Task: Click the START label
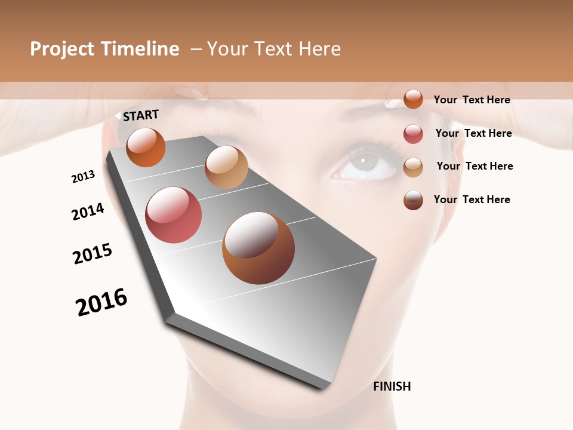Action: pyautogui.click(x=141, y=115)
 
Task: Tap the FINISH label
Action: pyautogui.click(x=392, y=386)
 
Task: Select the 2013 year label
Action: pyautogui.click(x=84, y=177)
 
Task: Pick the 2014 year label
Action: pyautogui.click(x=88, y=211)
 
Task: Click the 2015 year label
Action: pyautogui.click(x=93, y=253)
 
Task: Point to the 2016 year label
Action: pyautogui.click(x=101, y=302)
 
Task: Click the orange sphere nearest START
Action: pyautogui.click(x=146, y=147)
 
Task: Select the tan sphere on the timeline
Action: pyautogui.click(x=226, y=167)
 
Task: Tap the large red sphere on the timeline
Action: pyautogui.click(x=174, y=215)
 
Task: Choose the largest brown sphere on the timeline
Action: pyautogui.click(x=258, y=248)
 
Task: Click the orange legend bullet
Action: pyautogui.click(x=413, y=99)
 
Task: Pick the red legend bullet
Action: pyautogui.click(x=413, y=134)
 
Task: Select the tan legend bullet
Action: pyautogui.click(x=413, y=167)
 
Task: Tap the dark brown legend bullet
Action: pyautogui.click(x=413, y=200)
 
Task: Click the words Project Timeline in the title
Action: pyautogui.click(x=104, y=49)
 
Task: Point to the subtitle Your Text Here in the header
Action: pyautogui.click(x=274, y=49)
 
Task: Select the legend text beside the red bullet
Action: pyautogui.click(x=473, y=133)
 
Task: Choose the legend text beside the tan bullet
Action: pyautogui.click(x=475, y=166)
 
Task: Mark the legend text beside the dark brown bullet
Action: pyautogui.click(x=472, y=199)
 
